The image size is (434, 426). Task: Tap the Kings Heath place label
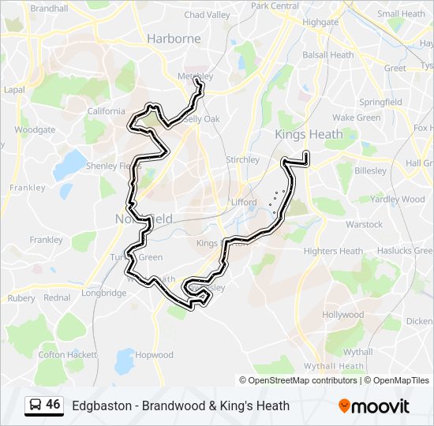[x=309, y=134]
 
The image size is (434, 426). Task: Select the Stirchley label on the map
[x=242, y=160]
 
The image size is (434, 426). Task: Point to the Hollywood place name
[x=342, y=315]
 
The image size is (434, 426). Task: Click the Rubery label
[x=21, y=298]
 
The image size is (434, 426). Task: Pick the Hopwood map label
[x=154, y=355]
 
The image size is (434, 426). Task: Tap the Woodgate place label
[x=35, y=129]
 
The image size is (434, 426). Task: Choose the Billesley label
[x=371, y=170]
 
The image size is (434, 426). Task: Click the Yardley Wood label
[x=397, y=200]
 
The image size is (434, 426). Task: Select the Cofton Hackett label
[x=63, y=355]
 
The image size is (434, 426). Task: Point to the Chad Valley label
[x=208, y=15]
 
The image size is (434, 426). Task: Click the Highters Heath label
[x=333, y=252]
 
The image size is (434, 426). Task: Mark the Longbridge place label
[x=103, y=293]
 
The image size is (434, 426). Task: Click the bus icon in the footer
[x=35, y=405]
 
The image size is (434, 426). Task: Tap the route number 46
[x=53, y=405]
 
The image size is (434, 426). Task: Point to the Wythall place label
[x=358, y=352]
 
